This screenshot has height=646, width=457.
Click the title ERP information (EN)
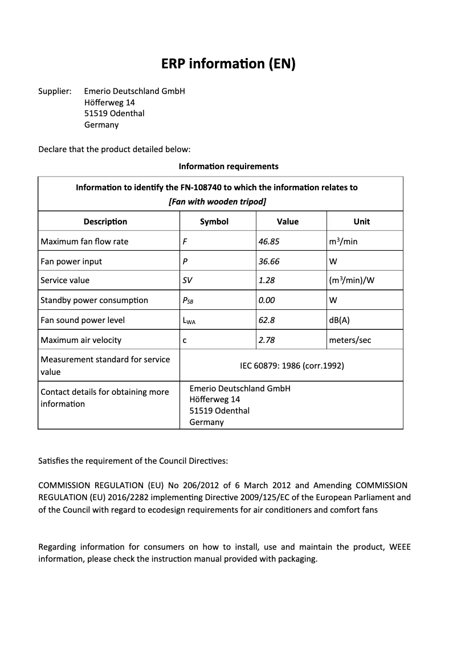228,64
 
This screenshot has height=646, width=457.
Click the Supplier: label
55,91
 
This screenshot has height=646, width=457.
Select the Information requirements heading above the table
228,166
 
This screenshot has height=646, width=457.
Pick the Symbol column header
214,222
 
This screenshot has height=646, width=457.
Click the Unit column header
361,222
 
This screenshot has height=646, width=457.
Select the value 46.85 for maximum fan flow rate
269,242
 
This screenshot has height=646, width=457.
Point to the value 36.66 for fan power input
269,261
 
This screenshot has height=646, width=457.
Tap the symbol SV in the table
187,280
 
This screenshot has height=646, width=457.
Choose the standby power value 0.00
267,300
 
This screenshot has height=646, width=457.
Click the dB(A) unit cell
339,320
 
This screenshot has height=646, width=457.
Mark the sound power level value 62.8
267,320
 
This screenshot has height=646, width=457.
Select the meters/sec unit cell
350,340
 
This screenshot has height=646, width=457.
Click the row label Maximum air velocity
81,340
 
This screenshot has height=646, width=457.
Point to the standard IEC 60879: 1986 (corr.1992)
291,366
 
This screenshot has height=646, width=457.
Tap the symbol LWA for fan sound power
189,321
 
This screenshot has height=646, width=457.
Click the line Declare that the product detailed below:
114,149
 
